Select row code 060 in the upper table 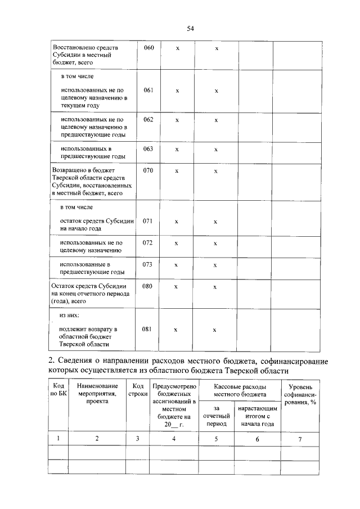pyautogui.click(x=148, y=48)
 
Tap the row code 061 pyautogui.click(x=148, y=90)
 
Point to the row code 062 pyautogui.click(x=148, y=119)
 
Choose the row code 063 pyautogui.click(x=148, y=148)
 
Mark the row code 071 pyautogui.click(x=148, y=221)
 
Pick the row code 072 pyautogui.click(x=148, y=243)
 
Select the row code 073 pyautogui.click(x=148, y=264)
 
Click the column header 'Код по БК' pyautogui.click(x=58, y=390)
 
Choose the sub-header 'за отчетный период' pyautogui.click(x=215, y=416)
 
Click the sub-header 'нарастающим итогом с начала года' pyautogui.click(x=256, y=416)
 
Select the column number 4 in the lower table pyautogui.click(x=174, y=439)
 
